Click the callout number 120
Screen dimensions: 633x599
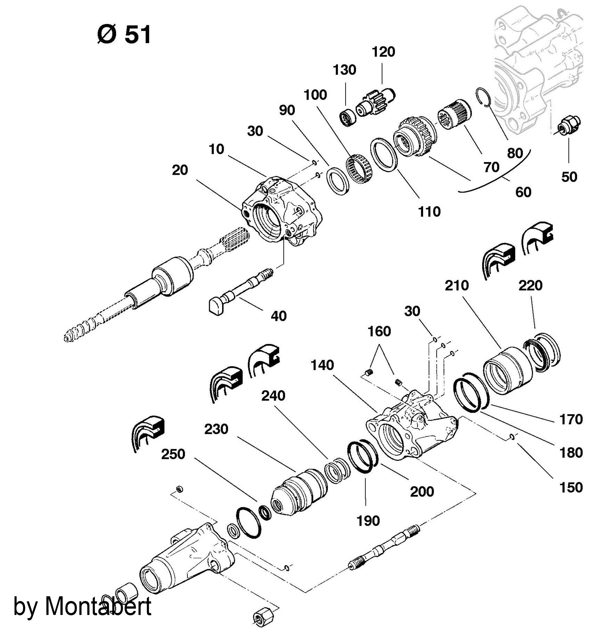pyautogui.click(x=384, y=52)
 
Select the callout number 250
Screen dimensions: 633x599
pyautogui.click(x=173, y=454)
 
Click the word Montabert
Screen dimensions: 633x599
pyautogui.click(x=98, y=606)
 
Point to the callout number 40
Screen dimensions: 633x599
pyautogui.click(x=278, y=316)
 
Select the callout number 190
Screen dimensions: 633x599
pyautogui.click(x=368, y=521)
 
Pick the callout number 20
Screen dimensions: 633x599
pyautogui.click(x=180, y=170)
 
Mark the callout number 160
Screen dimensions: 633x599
pyautogui.click(x=379, y=331)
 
